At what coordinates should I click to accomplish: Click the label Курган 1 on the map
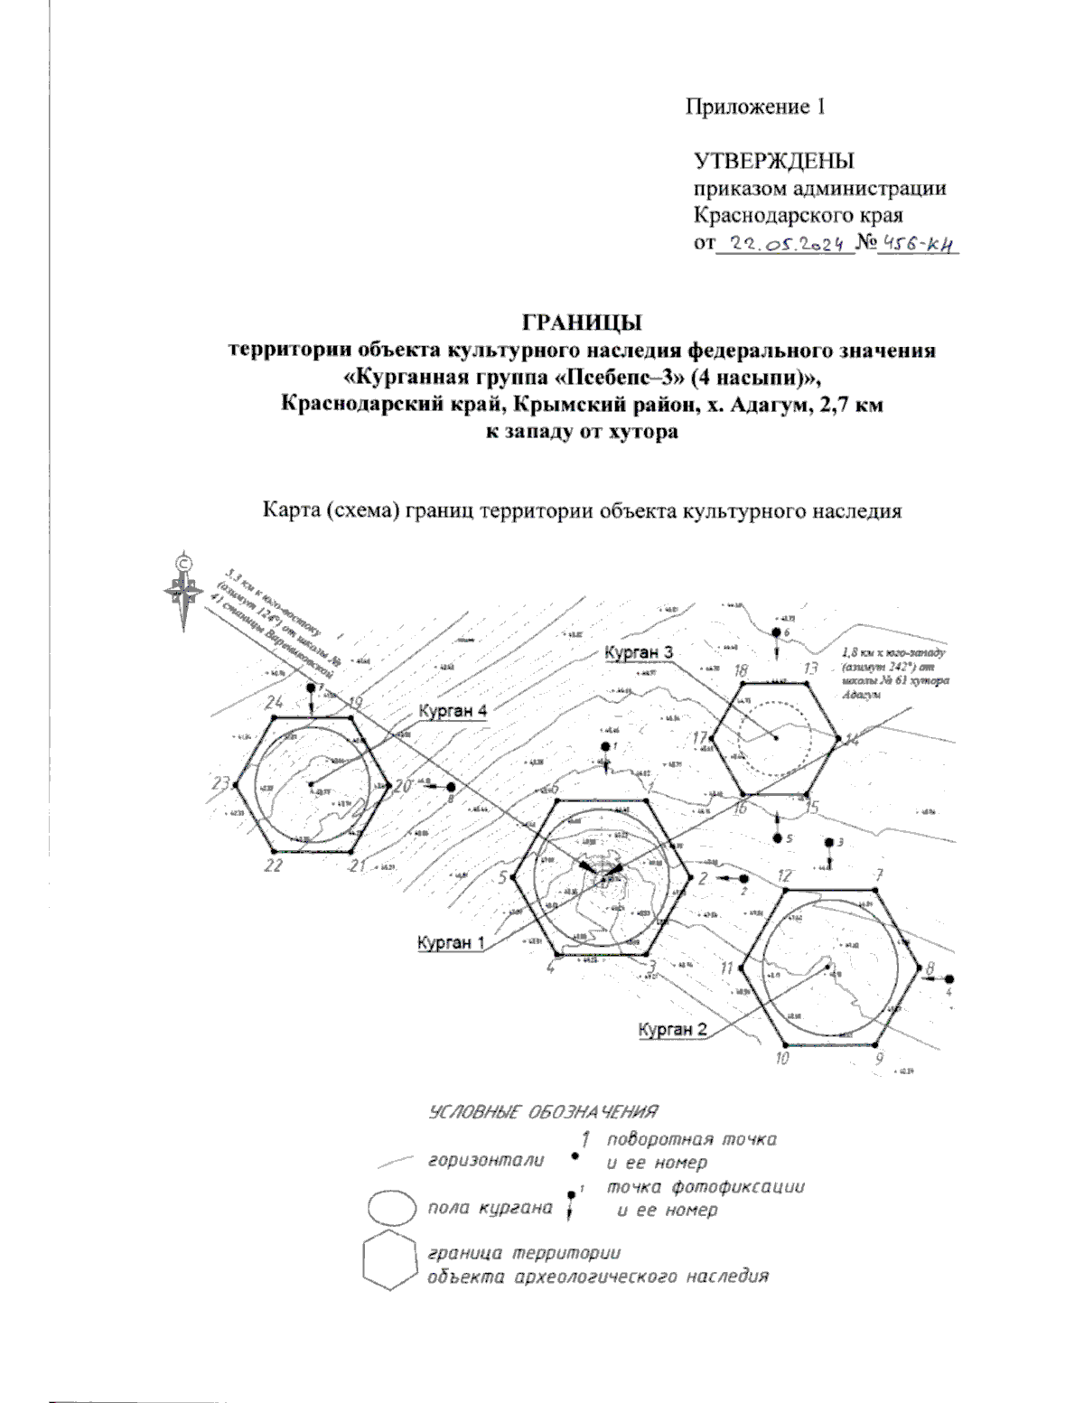[451, 942]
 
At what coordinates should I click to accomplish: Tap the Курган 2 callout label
[672, 1029]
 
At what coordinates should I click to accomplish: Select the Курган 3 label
[639, 652]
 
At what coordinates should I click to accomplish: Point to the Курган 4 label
[453, 711]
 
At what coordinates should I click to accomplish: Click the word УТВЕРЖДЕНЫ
[773, 162]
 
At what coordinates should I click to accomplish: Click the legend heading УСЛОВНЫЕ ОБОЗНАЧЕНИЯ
[542, 1110]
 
